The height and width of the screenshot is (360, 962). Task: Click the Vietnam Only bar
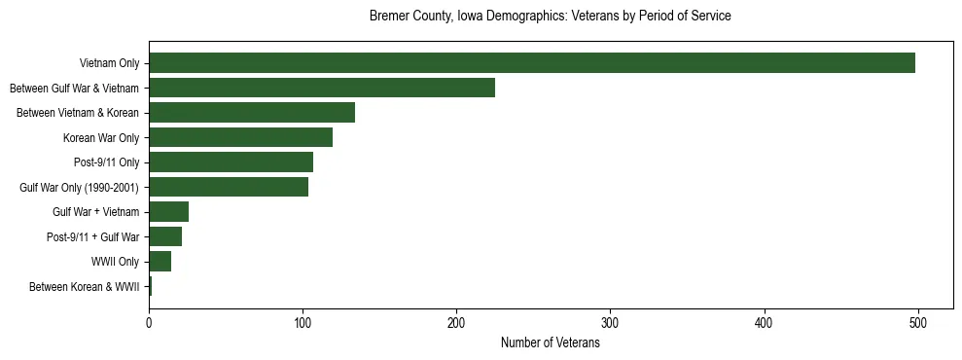[532, 63]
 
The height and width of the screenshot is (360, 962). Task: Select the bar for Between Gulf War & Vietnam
[322, 89]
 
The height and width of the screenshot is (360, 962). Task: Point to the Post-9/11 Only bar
[231, 162]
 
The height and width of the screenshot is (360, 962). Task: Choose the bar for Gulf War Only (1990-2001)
[229, 187]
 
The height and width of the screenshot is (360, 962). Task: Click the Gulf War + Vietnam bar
[168, 212]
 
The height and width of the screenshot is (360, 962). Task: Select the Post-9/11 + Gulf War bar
[165, 236]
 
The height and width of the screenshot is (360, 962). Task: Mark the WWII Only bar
[160, 262]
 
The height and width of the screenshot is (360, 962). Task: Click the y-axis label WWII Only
[116, 262]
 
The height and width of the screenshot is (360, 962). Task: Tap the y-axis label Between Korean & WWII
[85, 287]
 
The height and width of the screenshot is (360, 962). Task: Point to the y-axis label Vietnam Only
[109, 64]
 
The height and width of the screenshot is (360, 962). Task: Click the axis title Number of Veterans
[550, 343]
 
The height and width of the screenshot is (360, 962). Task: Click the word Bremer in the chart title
[388, 17]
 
